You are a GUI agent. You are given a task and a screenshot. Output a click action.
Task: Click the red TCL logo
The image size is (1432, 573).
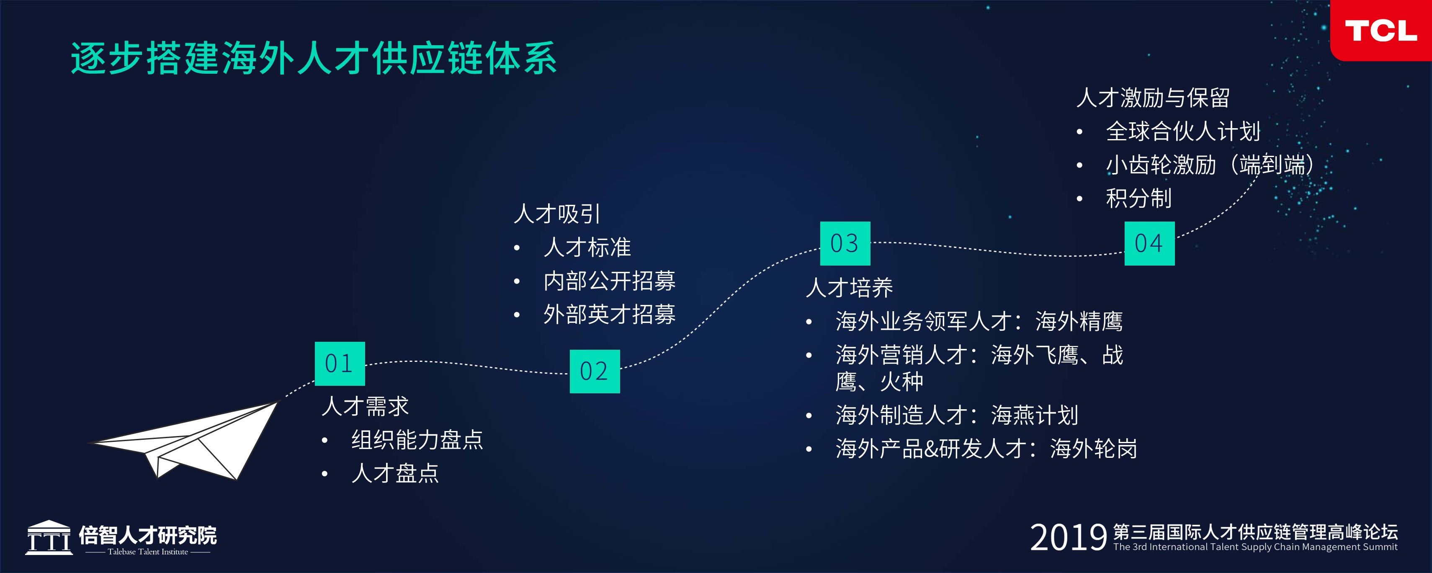(x=1381, y=30)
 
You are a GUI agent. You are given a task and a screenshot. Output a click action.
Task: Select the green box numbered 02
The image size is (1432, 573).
(x=595, y=371)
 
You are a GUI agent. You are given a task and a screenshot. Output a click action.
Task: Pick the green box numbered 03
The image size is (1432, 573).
(x=845, y=243)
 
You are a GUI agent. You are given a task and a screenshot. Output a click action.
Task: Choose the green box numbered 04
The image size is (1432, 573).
(x=1150, y=243)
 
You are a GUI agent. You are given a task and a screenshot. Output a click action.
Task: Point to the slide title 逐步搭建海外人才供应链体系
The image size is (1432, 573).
(x=314, y=58)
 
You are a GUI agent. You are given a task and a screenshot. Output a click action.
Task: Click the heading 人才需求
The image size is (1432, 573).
(x=365, y=406)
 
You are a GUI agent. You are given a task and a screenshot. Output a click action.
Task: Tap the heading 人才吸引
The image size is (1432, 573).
(x=557, y=214)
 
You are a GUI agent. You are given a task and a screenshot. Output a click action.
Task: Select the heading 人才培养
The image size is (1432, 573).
(x=850, y=288)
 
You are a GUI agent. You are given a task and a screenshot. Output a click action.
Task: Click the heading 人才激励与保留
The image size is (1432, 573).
(x=1153, y=98)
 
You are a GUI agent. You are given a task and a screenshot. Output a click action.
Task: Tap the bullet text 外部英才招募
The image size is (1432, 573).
(x=609, y=314)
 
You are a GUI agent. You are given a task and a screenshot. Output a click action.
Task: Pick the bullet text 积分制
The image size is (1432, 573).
(x=1139, y=199)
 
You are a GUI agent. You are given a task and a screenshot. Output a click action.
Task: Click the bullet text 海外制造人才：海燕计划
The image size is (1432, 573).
(x=957, y=415)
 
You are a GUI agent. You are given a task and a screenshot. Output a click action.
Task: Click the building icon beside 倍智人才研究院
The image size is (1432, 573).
(x=49, y=537)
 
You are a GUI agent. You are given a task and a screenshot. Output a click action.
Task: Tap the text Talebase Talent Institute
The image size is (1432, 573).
(x=148, y=552)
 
